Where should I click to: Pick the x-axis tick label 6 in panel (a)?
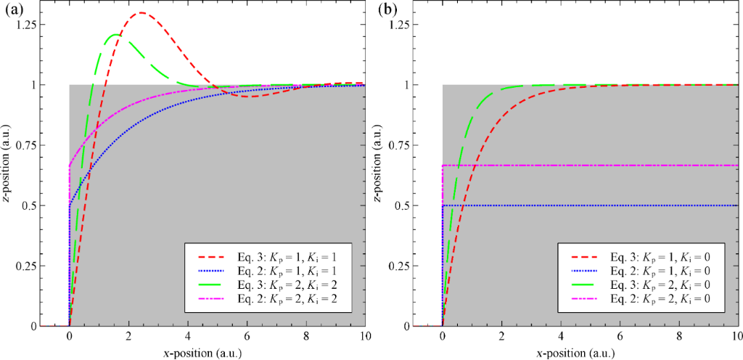(x=247, y=337)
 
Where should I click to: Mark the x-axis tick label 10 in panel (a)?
(x=365, y=337)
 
